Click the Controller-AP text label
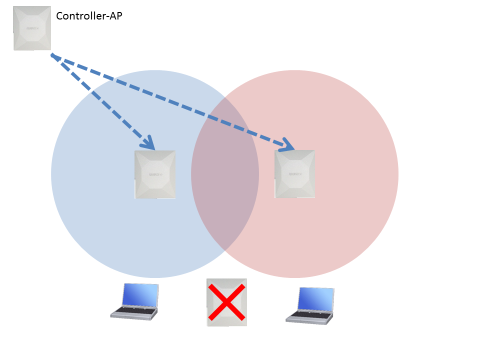tap(89, 16)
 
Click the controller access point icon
tap(32, 28)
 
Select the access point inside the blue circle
tap(155, 174)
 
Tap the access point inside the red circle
tap(295, 174)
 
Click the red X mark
tap(226, 302)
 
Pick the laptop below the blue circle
tap(135, 301)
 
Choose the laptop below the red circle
tap(310, 305)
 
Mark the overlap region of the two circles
tap(225, 174)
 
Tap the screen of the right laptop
tap(315, 299)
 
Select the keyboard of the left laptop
tap(132, 311)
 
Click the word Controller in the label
tap(80, 16)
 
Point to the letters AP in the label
tap(116, 16)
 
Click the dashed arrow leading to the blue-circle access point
tap(100, 98)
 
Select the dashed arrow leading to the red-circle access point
tap(170, 100)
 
